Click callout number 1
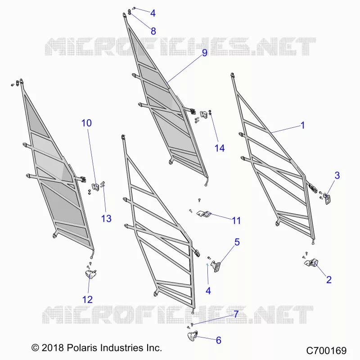pos(302,126)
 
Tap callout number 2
pos(329,280)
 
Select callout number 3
pos(337,175)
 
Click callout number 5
pos(237,242)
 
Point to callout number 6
pos(219,340)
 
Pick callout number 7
pos(236,314)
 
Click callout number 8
pos(153,31)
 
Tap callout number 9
pos(205,53)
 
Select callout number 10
pos(86,123)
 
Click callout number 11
pos(236,220)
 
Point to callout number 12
pos(87,300)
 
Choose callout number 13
pos(106,219)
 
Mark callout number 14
pos(220,148)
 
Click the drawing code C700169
pos(326,351)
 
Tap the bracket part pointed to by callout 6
pos(193,336)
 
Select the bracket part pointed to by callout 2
pos(311,263)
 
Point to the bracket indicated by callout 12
pos(90,274)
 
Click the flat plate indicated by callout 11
pos(204,214)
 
